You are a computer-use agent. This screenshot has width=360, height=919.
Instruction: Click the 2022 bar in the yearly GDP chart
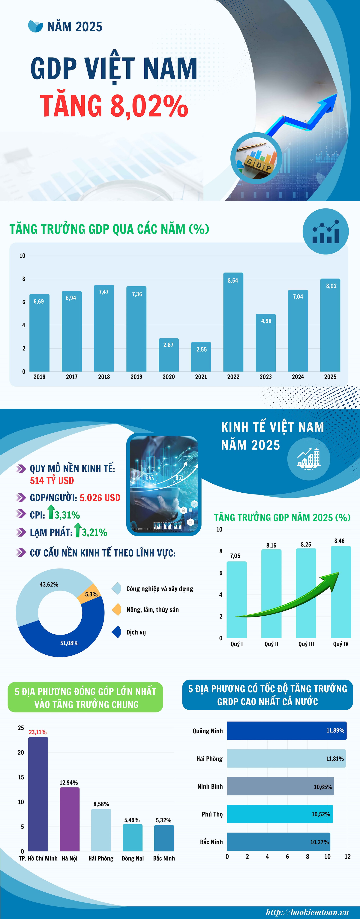(233, 325)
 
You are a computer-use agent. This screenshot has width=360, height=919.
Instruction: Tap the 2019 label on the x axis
(136, 377)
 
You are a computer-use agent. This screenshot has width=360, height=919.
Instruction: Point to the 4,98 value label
(266, 321)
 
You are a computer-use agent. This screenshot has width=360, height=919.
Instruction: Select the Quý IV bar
(341, 592)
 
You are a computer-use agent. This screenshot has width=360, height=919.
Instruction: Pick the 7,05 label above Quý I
(235, 556)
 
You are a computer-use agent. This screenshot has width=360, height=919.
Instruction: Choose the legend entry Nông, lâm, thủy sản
(152, 610)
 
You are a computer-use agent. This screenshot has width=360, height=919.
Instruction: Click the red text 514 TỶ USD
(52, 481)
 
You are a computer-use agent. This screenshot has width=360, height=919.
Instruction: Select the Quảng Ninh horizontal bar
(286, 731)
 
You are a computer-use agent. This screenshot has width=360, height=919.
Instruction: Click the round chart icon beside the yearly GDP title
(325, 232)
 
